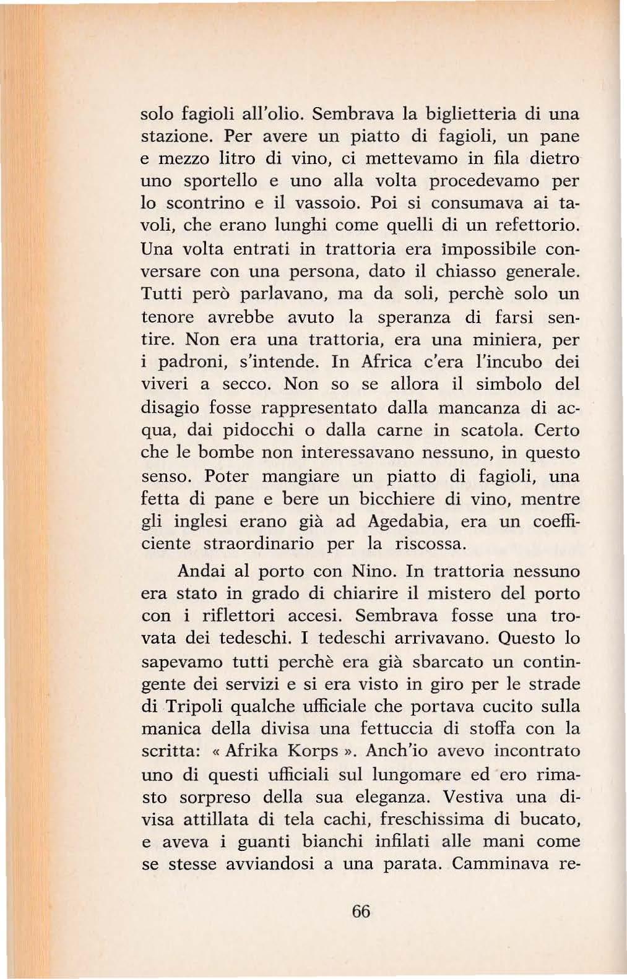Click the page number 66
[360, 911]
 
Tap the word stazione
[173, 137]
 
